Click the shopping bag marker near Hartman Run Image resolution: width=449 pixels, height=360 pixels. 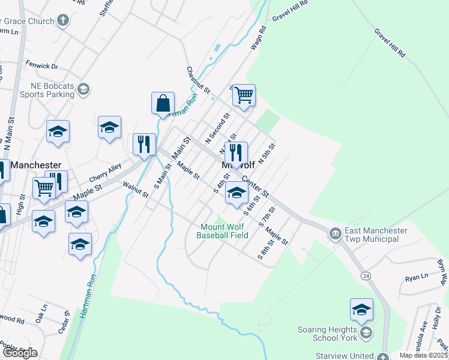[x=163, y=103]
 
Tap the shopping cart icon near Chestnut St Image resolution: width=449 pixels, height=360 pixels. [x=244, y=95]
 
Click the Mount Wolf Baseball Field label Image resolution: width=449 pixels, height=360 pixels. [x=223, y=231]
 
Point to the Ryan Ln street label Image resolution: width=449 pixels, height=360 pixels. [x=416, y=277]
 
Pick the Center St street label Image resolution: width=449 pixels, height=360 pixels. [x=255, y=187]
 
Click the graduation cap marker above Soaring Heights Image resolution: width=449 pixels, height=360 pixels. [x=361, y=310]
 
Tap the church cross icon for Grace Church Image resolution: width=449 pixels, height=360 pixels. [x=63, y=20]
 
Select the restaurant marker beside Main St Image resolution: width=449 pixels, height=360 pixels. [x=144, y=145]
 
